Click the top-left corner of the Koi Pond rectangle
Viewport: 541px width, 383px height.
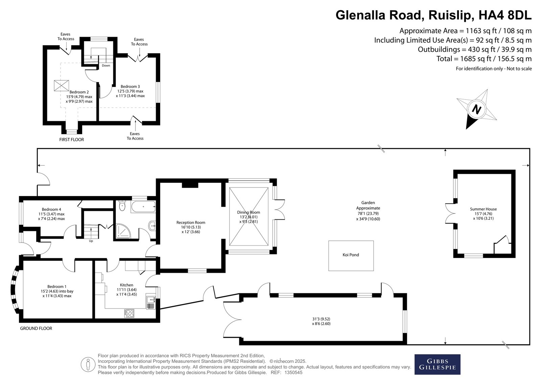[328, 241]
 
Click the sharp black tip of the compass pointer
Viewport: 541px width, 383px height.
[466, 129]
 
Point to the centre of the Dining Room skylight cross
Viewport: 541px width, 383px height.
[249, 217]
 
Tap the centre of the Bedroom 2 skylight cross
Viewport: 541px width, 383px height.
[61, 85]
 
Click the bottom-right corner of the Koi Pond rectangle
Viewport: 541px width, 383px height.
[374, 271]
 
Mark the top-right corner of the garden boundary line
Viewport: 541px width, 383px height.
[530, 148]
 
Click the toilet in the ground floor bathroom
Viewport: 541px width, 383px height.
[122, 206]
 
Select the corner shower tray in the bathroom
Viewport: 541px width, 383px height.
[123, 231]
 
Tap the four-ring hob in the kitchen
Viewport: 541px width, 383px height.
[129, 313]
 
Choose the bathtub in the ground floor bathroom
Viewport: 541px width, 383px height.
[143, 207]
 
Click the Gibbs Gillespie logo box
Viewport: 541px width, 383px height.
[438, 364]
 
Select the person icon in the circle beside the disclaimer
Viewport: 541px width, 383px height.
[88, 365]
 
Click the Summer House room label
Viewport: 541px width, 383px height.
[483, 209]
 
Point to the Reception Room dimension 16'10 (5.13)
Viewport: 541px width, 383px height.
[191, 227]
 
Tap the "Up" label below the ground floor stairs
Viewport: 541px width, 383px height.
[91, 241]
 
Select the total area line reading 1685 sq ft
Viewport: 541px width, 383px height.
[484, 59]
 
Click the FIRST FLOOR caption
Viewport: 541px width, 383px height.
[71, 140]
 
